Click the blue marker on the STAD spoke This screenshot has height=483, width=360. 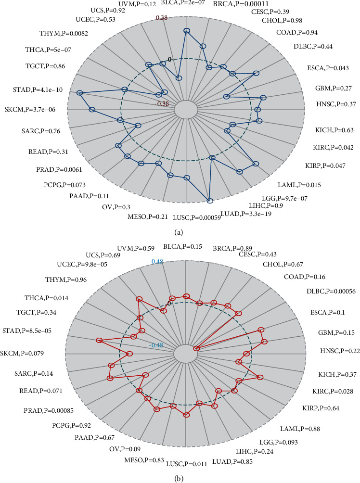(x=80, y=92)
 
